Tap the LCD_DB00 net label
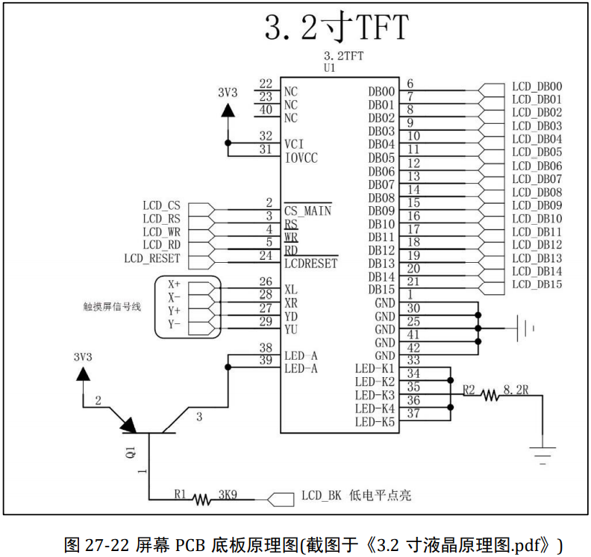pyautogui.click(x=537, y=87)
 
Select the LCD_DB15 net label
pyautogui.click(x=537, y=284)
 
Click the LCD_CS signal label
pyautogui.click(x=161, y=205)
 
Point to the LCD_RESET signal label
pyautogui.click(x=152, y=258)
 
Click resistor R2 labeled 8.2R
pyautogui.click(x=490, y=395)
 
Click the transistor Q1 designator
pyautogui.click(x=131, y=452)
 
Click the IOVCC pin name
pyautogui.click(x=301, y=158)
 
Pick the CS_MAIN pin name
pyautogui.click(x=307, y=211)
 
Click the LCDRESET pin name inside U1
pyautogui.click(x=310, y=264)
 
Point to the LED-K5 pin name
pyautogui.click(x=375, y=422)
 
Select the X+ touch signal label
pyautogui.click(x=174, y=284)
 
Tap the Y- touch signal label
pyautogui.click(x=174, y=324)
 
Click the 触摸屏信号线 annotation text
pyautogui.click(x=111, y=307)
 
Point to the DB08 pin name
pyautogui.click(x=381, y=198)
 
